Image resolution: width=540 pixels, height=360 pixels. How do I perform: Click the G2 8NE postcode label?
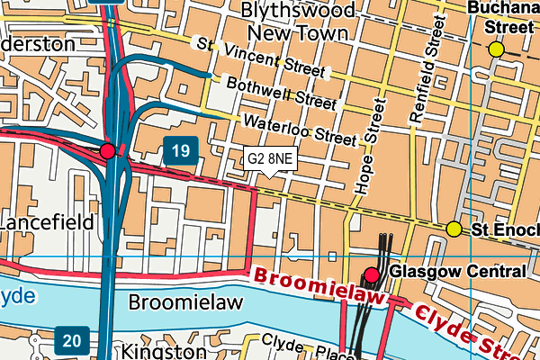(270, 159)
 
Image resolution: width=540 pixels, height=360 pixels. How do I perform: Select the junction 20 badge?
(71, 339)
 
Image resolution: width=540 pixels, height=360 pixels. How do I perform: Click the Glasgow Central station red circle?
(372, 274)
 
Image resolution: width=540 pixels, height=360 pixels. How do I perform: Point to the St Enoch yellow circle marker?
(454, 229)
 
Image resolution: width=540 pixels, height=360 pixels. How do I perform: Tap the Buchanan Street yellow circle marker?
(496, 49)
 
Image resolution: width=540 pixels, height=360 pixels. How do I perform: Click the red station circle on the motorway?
(108, 150)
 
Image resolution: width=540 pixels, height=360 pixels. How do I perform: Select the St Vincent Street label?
(260, 57)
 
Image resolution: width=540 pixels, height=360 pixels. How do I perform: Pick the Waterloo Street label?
(300, 129)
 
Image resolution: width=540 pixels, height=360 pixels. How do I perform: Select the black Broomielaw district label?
(185, 302)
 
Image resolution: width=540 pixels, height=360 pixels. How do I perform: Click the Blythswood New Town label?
(297, 22)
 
